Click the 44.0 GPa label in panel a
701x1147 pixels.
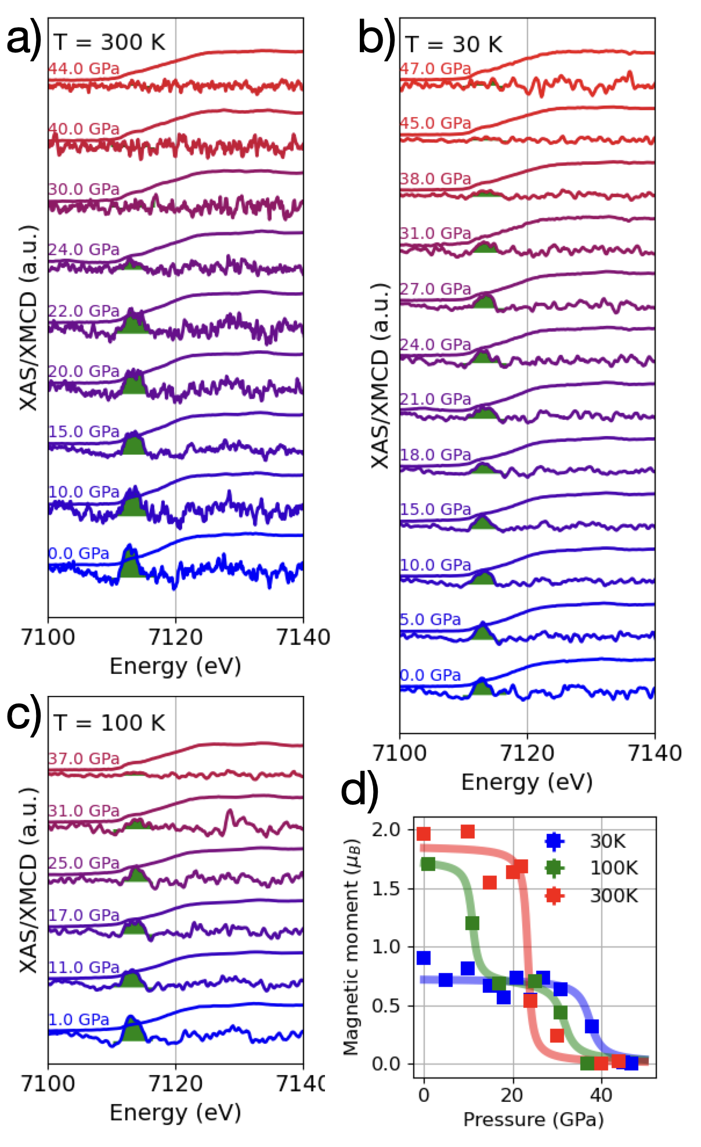tap(84, 69)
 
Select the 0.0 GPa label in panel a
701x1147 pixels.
tap(78, 553)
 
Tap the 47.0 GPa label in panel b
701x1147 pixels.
tap(435, 69)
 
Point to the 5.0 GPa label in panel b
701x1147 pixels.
tap(430, 620)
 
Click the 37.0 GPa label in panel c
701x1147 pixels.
tap(84, 758)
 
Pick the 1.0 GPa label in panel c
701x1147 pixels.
tap(78, 1019)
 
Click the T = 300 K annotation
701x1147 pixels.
tap(109, 42)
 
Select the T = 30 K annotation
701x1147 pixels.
tap(454, 44)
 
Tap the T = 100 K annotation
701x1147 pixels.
tap(109, 723)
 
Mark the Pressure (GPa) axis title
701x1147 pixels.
tap(533, 1119)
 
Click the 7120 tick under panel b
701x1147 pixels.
tap(527, 753)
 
